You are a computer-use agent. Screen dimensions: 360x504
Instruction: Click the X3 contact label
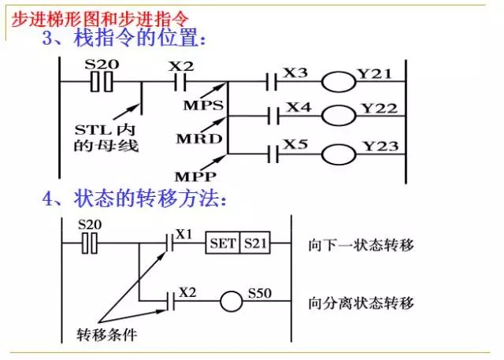point(295,72)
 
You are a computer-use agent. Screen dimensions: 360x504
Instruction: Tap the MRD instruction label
point(196,139)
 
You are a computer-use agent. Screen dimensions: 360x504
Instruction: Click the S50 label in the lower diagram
point(259,293)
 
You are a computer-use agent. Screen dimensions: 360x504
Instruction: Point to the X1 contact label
point(183,234)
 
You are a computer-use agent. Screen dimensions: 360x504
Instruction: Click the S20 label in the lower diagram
point(91,225)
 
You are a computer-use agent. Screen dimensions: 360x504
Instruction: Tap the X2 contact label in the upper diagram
point(180,64)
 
